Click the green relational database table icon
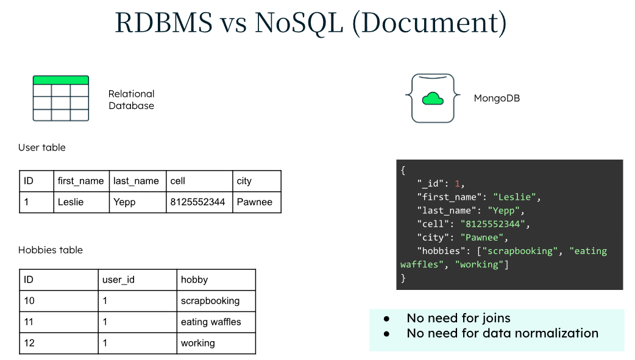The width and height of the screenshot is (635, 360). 61,98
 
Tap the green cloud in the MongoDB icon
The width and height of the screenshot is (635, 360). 432,98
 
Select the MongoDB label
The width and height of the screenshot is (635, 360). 497,98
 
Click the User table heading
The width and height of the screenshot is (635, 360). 42,147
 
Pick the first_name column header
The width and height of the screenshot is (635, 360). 80,181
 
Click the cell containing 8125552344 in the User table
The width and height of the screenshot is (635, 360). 197,202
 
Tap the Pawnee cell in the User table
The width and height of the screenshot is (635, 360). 255,202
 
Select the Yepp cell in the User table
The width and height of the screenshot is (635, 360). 126,202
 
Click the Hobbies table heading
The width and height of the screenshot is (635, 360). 51,250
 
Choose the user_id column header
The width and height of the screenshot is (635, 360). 118,280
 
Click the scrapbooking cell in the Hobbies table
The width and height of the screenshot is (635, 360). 210,301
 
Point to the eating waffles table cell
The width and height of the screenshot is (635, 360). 211,322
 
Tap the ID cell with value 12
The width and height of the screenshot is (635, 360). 29,343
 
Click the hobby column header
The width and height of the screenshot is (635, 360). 194,280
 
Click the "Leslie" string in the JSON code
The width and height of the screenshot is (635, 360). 516,197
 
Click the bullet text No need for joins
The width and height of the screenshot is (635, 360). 458,318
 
